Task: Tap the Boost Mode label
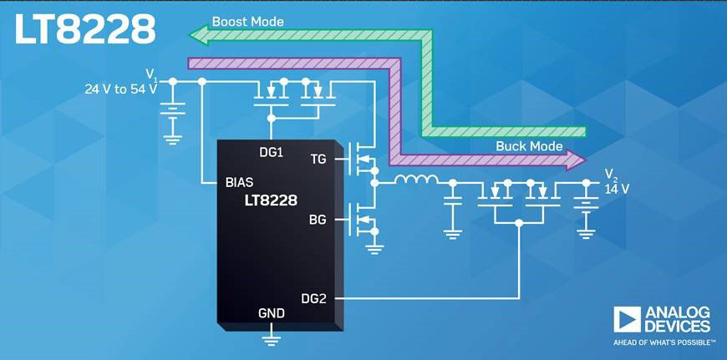(x=247, y=21)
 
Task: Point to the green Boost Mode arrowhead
(x=198, y=34)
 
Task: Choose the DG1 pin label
(x=272, y=153)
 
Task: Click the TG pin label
(x=318, y=159)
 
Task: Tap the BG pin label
(x=318, y=221)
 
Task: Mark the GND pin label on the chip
(x=271, y=313)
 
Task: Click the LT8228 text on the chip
(x=271, y=200)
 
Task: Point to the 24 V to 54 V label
(x=120, y=87)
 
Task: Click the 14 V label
(x=617, y=189)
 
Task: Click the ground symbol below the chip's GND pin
(x=271, y=337)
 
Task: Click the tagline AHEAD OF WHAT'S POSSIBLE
(x=664, y=342)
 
